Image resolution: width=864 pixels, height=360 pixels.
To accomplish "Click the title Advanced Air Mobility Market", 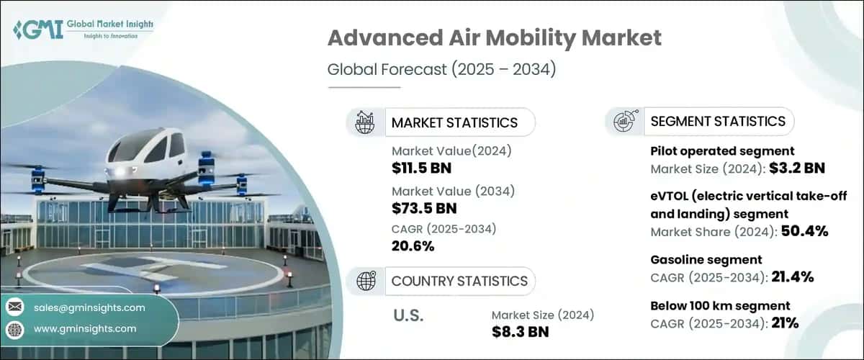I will click(494, 39).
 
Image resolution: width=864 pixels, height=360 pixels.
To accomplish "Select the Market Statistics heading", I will click(454, 122).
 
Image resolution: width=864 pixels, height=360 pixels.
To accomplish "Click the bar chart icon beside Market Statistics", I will click(365, 122).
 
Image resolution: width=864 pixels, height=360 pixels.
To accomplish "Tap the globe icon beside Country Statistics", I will click(365, 281).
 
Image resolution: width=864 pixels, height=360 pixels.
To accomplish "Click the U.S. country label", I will click(408, 315).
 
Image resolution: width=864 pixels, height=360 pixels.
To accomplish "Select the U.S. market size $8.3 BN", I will click(520, 332).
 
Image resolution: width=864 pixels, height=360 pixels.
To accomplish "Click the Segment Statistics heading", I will click(718, 121).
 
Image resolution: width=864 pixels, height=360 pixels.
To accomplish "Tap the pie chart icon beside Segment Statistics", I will click(624, 121).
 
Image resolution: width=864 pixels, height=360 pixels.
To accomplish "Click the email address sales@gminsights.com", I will click(89, 307).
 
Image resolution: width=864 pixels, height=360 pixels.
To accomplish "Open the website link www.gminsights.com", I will click(85, 328).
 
